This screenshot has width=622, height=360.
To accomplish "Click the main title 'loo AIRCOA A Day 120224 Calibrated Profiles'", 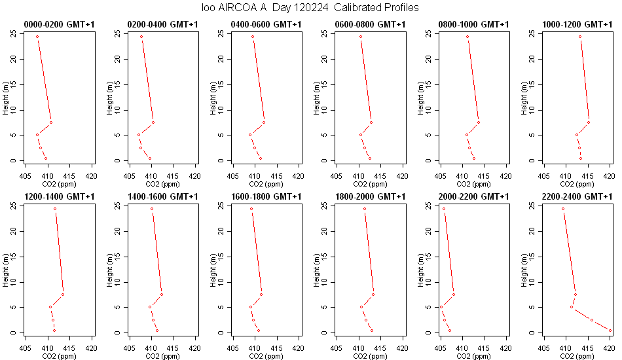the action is [x=310, y=8].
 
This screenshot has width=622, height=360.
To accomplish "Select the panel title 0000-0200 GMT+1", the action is [x=60, y=25].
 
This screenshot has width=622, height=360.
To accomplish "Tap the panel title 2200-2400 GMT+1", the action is [x=577, y=196].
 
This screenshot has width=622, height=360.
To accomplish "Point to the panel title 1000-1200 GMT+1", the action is [x=577, y=25].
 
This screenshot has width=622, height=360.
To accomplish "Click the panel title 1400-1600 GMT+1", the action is [x=162, y=196].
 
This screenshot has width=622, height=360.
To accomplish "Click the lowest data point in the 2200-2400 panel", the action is [x=610, y=331].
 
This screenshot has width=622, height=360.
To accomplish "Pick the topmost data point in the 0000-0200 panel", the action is [x=37, y=37].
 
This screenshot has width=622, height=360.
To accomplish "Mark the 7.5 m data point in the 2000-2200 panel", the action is [x=454, y=294].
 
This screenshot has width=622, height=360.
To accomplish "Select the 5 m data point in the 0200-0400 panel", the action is [x=139, y=135].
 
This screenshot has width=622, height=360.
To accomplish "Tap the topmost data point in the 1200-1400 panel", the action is [x=55, y=209].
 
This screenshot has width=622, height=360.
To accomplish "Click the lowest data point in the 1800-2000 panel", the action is [x=372, y=331].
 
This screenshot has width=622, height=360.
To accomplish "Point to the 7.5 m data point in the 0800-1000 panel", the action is [x=479, y=122].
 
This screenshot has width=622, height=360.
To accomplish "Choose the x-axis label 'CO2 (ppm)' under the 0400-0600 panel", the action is [x=266, y=184].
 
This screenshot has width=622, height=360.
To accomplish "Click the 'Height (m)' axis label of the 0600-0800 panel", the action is [x=316, y=98].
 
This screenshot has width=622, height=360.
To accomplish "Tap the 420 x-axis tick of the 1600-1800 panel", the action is [x=299, y=348].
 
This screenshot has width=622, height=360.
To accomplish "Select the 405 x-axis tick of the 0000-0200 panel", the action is [x=26, y=176].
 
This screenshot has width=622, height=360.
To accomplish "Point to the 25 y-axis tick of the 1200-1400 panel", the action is [x=14, y=206].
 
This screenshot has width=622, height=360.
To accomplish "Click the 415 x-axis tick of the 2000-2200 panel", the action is [x=484, y=348].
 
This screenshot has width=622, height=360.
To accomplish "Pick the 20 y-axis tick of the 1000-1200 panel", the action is [x=532, y=59].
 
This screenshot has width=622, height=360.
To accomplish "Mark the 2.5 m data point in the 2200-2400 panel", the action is [x=591, y=320].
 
